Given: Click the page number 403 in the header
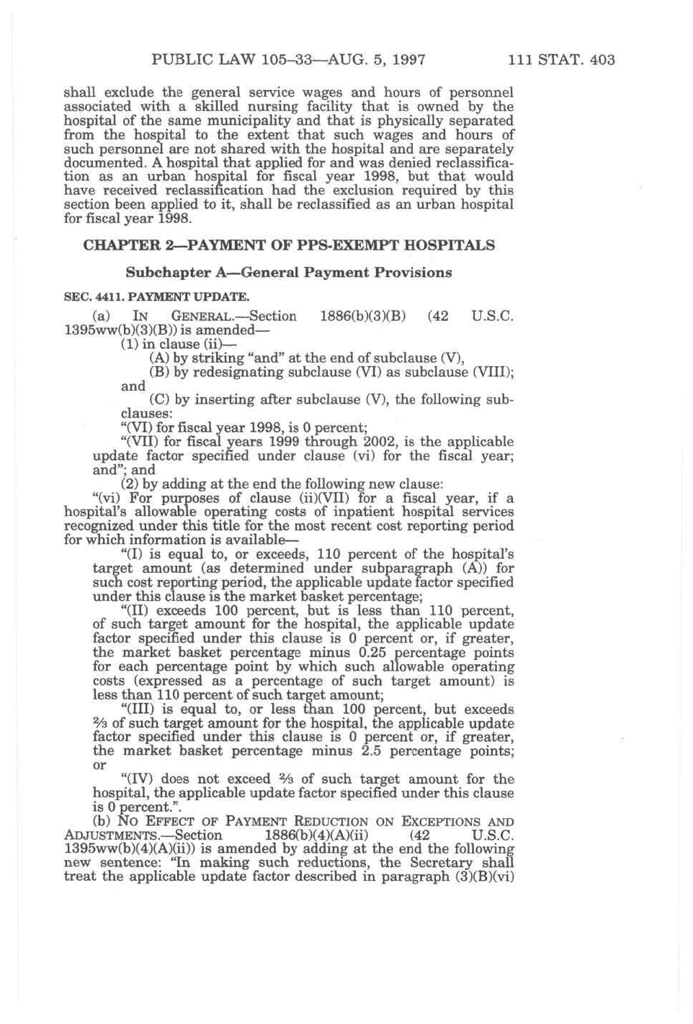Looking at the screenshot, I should click(x=602, y=60).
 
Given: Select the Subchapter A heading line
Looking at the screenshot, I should click(x=288, y=273).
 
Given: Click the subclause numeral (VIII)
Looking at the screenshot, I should click(x=492, y=372).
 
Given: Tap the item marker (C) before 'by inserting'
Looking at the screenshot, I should click(x=159, y=400).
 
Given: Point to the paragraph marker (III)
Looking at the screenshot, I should click(x=138, y=710).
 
